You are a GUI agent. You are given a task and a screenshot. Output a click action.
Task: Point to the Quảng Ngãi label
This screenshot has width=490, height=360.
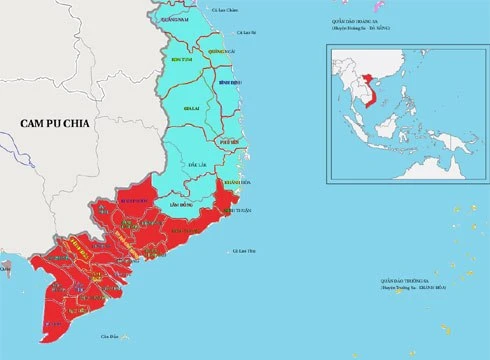222,50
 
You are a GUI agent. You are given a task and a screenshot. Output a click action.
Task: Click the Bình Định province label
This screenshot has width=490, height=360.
230,82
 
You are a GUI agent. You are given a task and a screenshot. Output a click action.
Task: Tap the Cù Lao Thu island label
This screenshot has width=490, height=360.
245,250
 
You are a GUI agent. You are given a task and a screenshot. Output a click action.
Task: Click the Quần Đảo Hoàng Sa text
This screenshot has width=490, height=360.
358,21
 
